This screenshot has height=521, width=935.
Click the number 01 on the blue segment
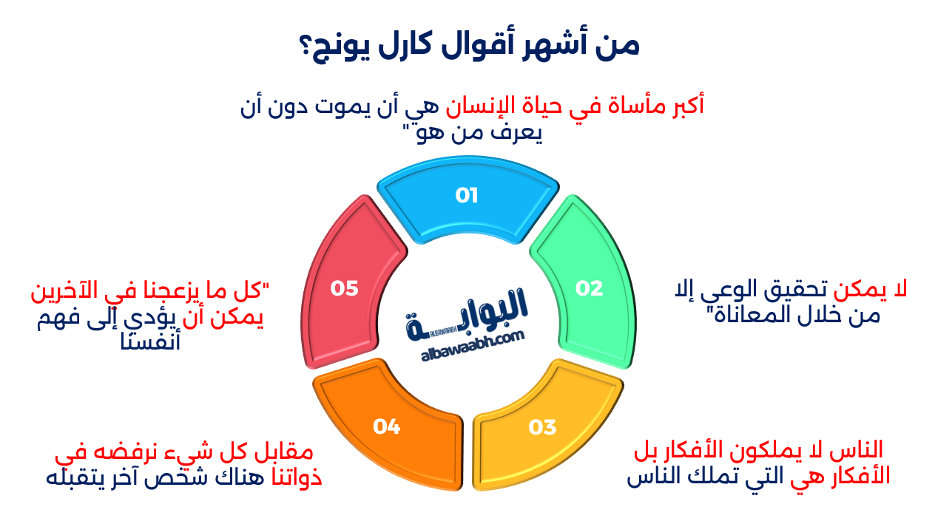pos(467,196)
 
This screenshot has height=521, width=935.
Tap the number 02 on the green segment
pos(590,288)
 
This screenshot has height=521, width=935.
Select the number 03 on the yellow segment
pos(542,427)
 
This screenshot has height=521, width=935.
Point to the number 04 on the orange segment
pos(386,426)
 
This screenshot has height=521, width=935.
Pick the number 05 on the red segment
pos(345,288)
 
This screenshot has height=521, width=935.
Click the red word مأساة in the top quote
pos(627,105)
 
